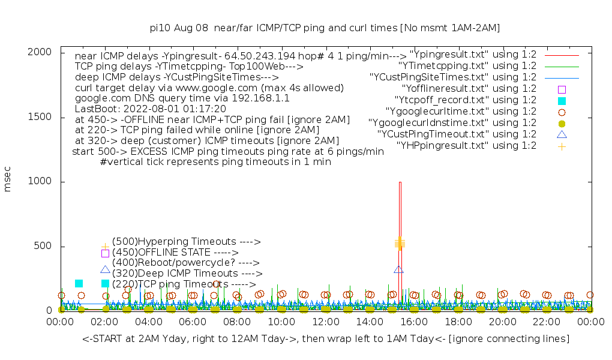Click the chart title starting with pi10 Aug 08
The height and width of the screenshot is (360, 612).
tap(325, 28)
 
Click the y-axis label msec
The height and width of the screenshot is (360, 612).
tap(8, 179)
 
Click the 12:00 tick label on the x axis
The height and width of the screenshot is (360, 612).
tap(325, 323)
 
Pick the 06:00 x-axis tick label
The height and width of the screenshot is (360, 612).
tap(193, 323)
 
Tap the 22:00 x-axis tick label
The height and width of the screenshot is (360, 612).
tap(546, 323)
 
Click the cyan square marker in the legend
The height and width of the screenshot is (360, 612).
tap(562, 100)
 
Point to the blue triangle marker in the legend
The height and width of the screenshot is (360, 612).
tap(562, 134)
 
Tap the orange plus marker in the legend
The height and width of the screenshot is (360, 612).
tap(562, 146)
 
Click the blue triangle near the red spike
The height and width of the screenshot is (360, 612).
tap(398, 269)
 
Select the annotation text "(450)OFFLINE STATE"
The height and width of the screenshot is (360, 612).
tap(175, 253)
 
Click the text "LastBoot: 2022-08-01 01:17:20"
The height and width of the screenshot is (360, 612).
tap(150, 109)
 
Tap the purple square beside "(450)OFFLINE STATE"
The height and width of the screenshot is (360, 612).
tap(105, 253)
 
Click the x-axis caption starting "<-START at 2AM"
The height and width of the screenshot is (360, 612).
tap(326, 339)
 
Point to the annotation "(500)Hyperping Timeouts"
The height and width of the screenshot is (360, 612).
tap(186, 242)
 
